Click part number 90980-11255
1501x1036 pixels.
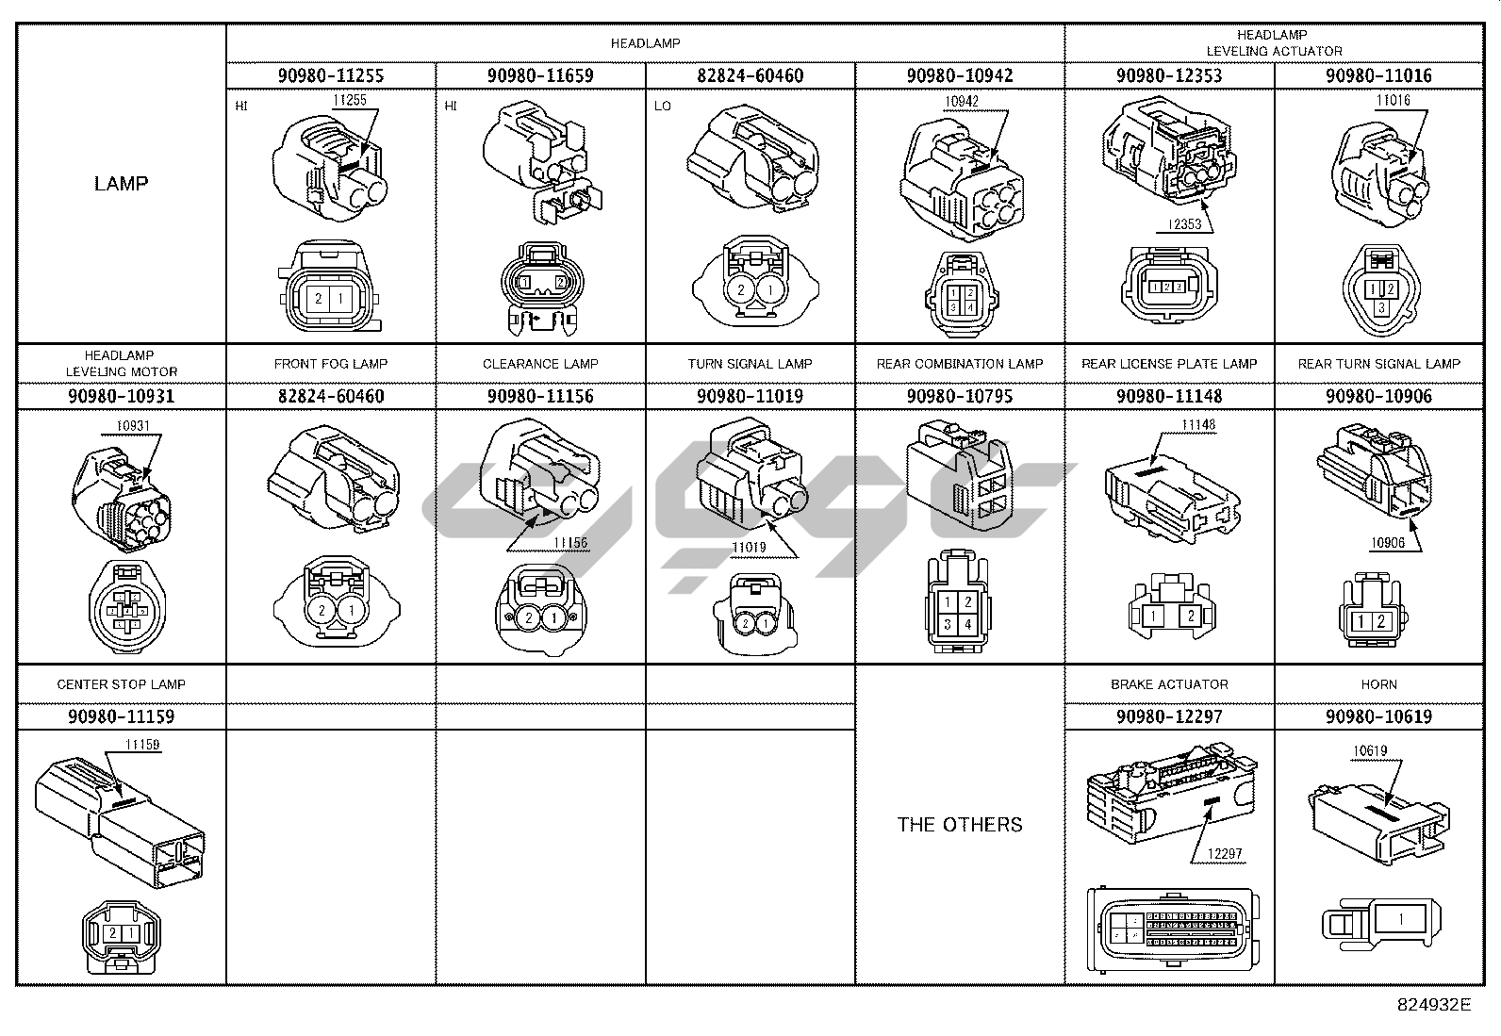pyautogui.click(x=330, y=75)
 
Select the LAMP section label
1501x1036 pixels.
pyautogui.click(x=121, y=183)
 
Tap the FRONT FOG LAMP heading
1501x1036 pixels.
pyautogui.click(x=330, y=364)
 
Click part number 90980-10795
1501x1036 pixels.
pyautogui.click(x=960, y=396)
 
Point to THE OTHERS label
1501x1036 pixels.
pyautogui.click(x=960, y=825)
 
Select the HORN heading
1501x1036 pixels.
pyautogui.click(x=1378, y=684)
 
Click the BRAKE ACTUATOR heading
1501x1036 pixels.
pyautogui.click(x=1169, y=684)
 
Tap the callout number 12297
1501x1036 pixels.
pyautogui.click(x=1224, y=854)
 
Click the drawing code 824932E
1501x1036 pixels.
pyautogui.click(x=1433, y=1005)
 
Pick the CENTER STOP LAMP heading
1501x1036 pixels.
pyautogui.click(x=121, y=684)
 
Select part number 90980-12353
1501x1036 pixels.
pyautogui.click(x=1169, y=75)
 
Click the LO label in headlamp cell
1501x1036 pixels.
pyautogui.click(x=663, y=106)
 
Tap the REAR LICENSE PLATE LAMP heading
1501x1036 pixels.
pyautogui.click(x=1169, y=364)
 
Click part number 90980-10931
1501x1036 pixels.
pyautogui.click(x=121, y=396)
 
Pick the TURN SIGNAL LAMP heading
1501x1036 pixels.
pyautogui.click(x=750, y=364)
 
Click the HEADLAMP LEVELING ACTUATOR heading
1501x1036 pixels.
pyautogui.click(x=1273, y=43)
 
